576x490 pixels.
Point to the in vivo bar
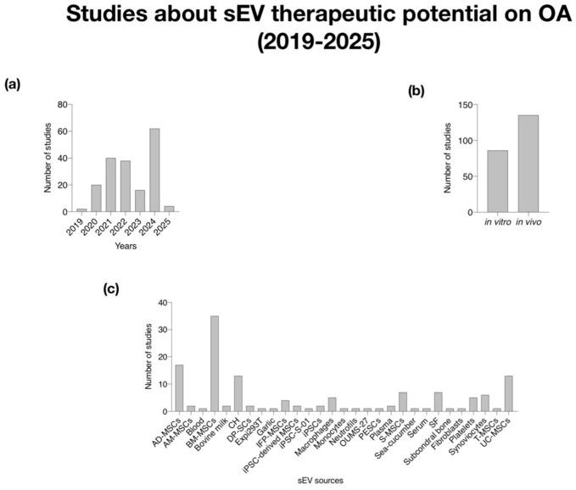pyautogui.click(x=528, y=164)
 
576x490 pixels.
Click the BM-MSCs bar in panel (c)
pyautogui.click(x=215, y=364)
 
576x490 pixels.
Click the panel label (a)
pyautogui.click(x=12, y=84)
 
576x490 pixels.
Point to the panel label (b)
pyautogui.click(x=417, y=92)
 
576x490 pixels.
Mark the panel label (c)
pyautogui.click(x=111, y=288)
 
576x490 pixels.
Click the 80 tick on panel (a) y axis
pyautogui.click(x=62, y=105)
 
